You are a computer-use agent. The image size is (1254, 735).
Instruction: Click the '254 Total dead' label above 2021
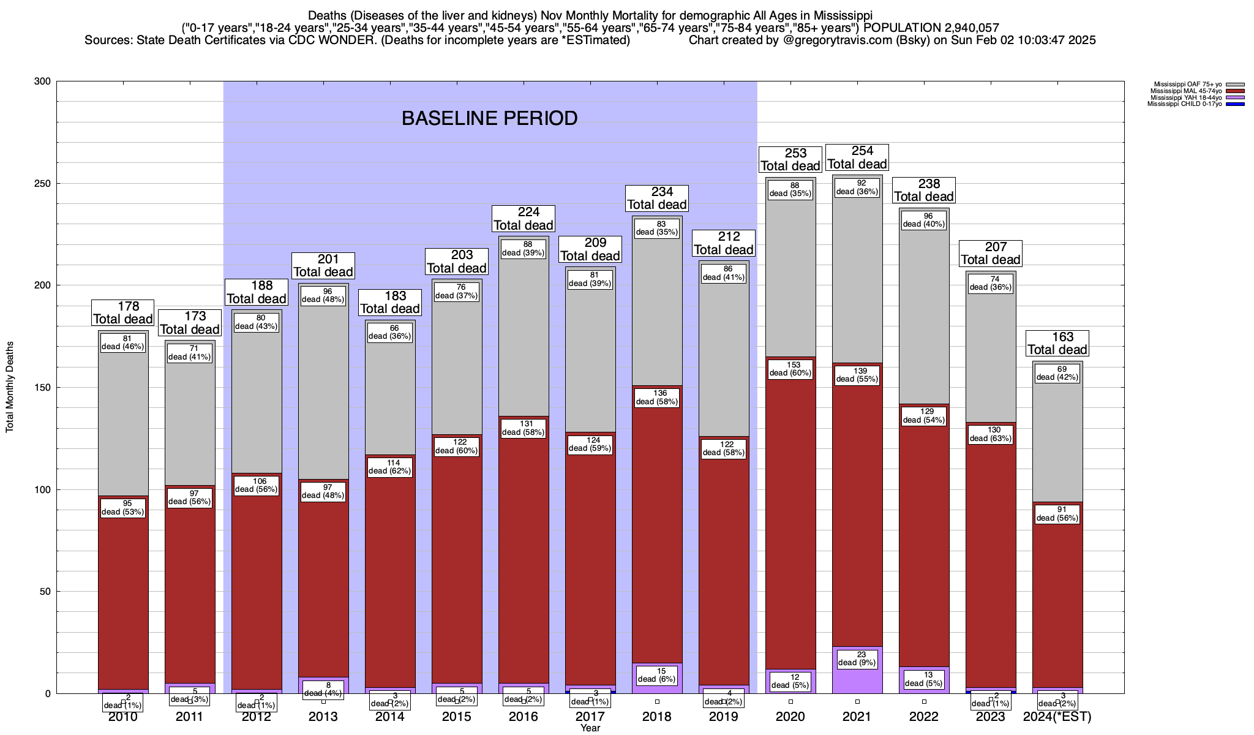tap(857, 157)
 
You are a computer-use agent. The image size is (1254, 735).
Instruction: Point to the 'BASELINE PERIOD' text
tap(489, 118)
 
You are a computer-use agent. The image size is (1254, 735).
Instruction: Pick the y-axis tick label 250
tap(42, 184)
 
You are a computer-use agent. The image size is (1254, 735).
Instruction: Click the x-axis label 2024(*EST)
tap(1057, 717)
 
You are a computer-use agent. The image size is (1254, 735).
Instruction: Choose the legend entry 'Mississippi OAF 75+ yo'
tap(1187, 84)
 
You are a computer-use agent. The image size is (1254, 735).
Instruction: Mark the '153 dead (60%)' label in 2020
tap(790, 369)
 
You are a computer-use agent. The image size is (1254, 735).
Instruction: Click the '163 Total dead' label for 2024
tap(1057, 344)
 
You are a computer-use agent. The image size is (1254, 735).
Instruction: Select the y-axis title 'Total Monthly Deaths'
tap(10, 387)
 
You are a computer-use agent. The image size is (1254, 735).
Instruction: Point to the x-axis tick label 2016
tap(524, 717)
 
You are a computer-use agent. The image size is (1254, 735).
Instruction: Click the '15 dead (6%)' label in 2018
tap(657, 675)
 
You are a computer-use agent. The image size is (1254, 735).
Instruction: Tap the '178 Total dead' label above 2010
tap(123, 312)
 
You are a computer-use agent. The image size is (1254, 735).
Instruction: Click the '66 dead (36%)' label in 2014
tap(390, 332)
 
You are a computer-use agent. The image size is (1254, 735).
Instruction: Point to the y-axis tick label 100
tap(42, 489)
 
